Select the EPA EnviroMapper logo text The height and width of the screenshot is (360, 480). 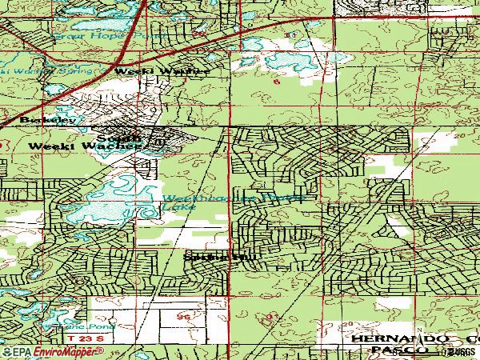[40, 352]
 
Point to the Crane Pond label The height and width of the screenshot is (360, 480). [94, 326]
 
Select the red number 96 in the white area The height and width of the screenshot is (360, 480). [185, 318]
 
